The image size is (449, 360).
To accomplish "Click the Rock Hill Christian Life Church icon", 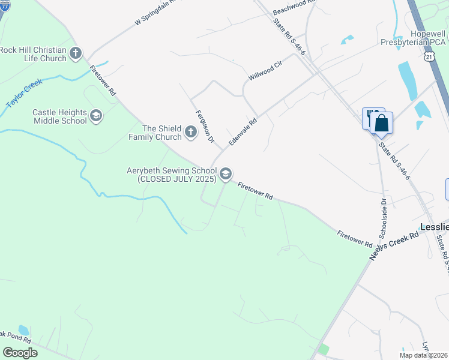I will click(76, 53).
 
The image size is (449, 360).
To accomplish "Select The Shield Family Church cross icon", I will click(191, 132).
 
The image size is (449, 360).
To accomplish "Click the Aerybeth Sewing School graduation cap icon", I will click(226, 174).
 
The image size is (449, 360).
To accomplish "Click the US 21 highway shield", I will click(428, 56).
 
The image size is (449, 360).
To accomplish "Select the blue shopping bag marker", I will click(381, 124).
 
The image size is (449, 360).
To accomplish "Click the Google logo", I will click(20, 353).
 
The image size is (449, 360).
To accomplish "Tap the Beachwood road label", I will click(294, 7).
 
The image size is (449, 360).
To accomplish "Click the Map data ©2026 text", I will click(423, 355).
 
